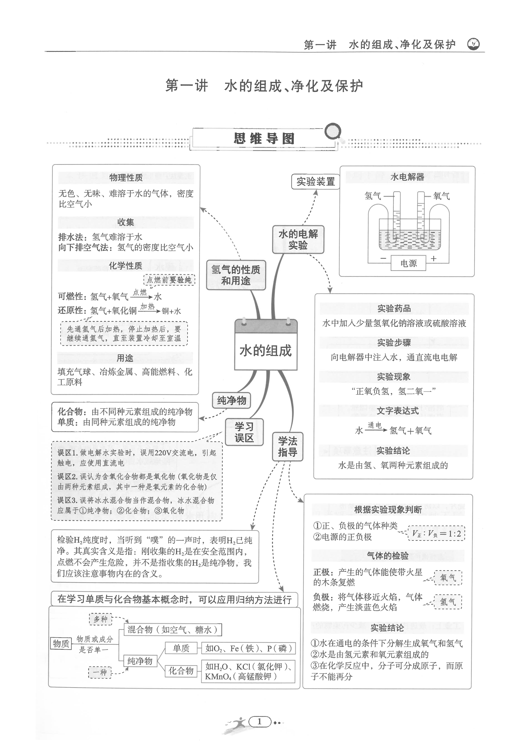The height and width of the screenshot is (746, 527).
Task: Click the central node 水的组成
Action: point(266,351)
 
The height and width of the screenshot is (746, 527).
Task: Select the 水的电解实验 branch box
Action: point(298,239)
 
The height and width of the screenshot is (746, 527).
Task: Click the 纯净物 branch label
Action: point(231,400)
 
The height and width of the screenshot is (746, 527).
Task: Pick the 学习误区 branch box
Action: point(244,432)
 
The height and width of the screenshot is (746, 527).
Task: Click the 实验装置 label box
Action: point(315,182)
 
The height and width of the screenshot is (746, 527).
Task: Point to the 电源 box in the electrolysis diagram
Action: point(408,263)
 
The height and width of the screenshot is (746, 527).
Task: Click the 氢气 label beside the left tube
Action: point(373,196)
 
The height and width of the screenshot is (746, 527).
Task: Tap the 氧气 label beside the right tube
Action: point(442,196)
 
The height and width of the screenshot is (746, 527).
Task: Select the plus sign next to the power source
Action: point(433,259)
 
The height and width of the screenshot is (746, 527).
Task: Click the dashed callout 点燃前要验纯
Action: point(169,280)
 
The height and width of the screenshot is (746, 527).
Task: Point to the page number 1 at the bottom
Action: point(259,721)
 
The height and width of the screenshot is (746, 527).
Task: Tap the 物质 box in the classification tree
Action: point(61,643)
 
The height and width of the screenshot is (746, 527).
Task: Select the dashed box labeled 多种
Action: point(100,619)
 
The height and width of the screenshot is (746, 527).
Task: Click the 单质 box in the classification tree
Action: point(181,648)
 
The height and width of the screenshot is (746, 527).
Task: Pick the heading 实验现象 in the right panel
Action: point(394,377)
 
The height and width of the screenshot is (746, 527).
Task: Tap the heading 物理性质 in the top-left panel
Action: point(126,177)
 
